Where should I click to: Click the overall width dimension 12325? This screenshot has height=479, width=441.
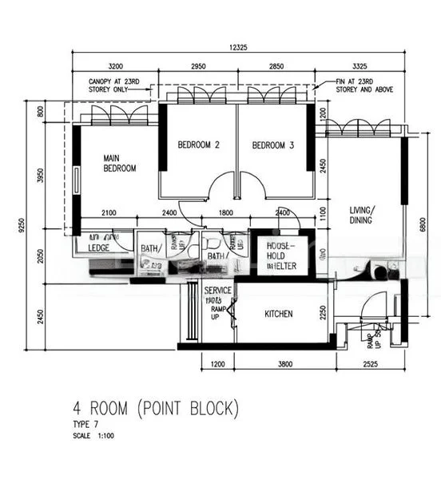tap(237, 48)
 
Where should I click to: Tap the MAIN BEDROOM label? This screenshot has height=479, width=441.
tap(119, 164)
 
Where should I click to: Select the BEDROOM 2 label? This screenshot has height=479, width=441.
tap(198, 144)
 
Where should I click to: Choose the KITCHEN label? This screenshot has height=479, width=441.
tap(279, 314)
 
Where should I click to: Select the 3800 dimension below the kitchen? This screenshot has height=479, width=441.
tap(286, 366)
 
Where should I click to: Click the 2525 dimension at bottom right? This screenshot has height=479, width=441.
tap(370, 366)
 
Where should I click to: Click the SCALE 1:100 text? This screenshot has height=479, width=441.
tap(93, 436)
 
